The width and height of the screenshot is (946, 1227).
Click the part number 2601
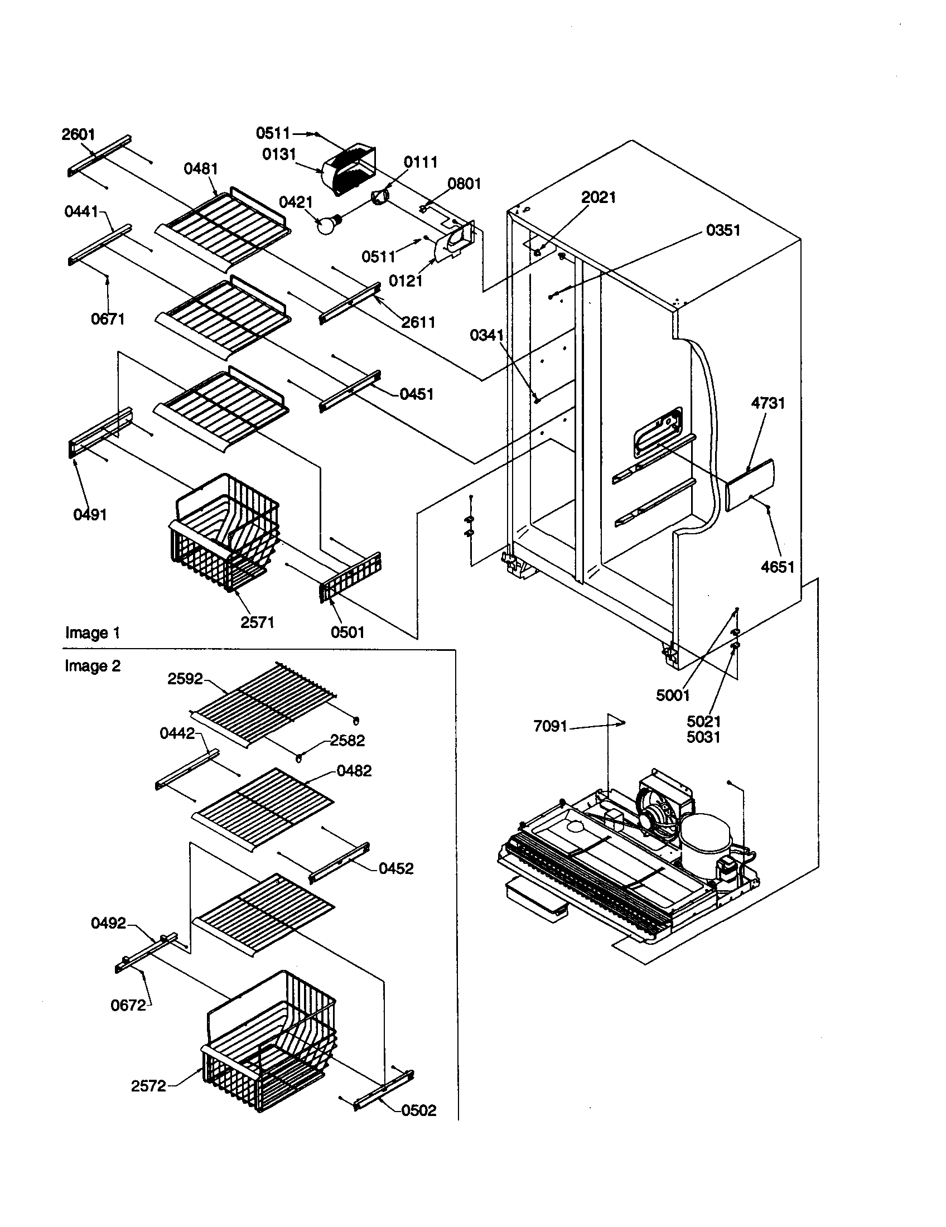78,134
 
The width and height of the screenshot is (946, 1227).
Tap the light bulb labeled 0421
327,225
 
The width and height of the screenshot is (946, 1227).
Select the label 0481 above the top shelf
201,168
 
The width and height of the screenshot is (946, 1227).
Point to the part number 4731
768,403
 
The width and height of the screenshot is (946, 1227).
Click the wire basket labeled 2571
225,534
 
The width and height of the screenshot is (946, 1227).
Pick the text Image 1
93,632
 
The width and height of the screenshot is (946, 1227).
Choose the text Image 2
93,666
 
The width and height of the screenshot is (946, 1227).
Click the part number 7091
550,726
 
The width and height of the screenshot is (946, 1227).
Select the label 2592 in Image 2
185,679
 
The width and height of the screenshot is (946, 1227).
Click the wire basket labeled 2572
269,1045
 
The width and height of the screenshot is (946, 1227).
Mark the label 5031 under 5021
703,737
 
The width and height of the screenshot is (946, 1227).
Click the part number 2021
599,197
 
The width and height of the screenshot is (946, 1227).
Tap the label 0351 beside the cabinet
723,230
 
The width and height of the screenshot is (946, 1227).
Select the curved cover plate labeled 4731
751,484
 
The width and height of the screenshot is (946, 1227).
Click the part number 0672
128,1005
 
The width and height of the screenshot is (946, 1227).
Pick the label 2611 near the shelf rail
418,322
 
